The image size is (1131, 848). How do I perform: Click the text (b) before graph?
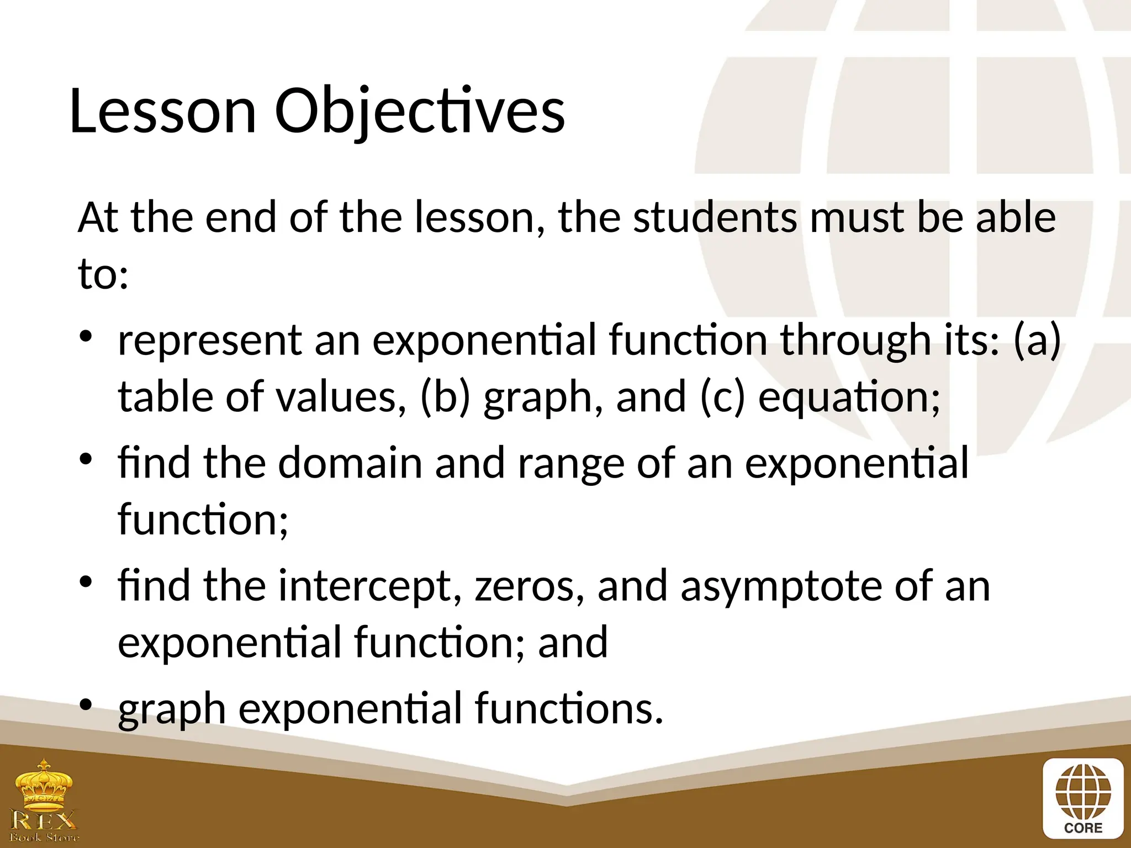(445, 397)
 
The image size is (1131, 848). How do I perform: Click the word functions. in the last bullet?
(569, 708)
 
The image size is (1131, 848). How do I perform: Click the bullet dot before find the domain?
(86, 459)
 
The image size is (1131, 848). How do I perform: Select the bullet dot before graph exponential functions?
(86, 705)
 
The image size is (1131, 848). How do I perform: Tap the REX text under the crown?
(44, 820)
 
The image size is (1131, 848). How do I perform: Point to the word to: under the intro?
(103, 274)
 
